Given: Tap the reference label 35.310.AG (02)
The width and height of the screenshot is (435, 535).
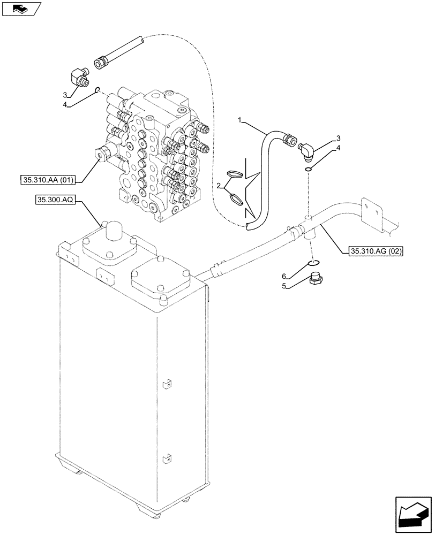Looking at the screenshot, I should pyautogui.click(x=376, y=250).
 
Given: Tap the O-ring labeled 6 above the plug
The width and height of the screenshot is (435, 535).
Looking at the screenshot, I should pyautogui.click(x=315, y=262).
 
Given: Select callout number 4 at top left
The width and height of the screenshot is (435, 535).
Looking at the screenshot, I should pyautogui.click(x=65, y=106).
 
